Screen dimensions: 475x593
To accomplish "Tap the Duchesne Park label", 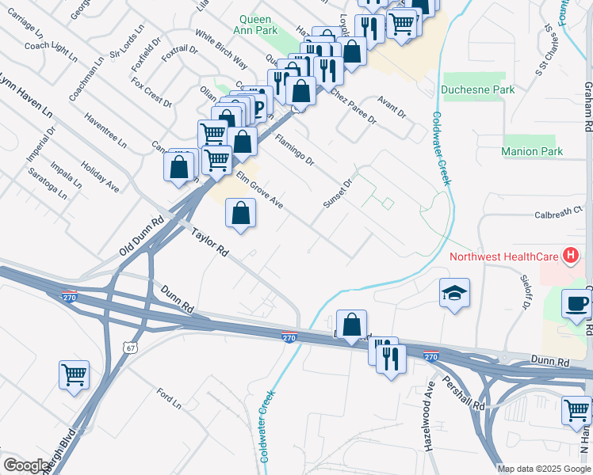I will point(478,89).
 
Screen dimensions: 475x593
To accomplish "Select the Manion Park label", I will point(532,151).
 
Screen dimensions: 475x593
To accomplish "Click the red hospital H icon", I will point(568,256).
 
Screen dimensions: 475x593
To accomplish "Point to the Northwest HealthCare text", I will point(503,256).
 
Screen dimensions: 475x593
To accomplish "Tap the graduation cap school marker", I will point(454,293).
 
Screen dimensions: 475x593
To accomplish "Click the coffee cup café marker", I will point(576,303).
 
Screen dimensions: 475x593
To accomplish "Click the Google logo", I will point(25,465).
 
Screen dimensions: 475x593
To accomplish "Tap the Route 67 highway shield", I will point(128,347).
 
